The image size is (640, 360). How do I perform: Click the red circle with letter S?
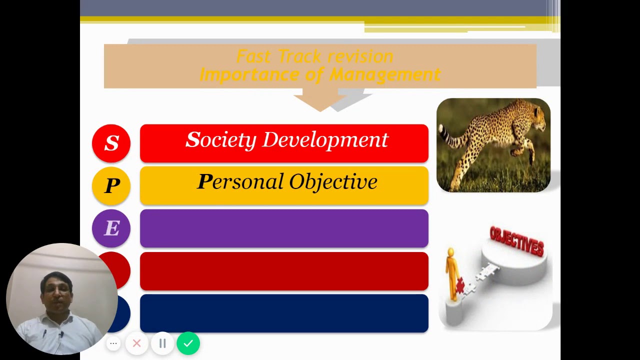111,143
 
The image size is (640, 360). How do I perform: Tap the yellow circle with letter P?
111,186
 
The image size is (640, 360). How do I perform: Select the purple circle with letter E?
111,228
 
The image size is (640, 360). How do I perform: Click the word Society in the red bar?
221,140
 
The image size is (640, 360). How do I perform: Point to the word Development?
325,140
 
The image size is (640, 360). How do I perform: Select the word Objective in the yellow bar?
333,182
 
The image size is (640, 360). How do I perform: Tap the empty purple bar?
284,228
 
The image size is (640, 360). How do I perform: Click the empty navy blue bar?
284,313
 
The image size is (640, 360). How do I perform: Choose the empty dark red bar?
284,271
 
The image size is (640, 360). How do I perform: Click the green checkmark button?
188,343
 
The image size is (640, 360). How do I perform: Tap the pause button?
162,343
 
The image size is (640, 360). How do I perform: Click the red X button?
136,343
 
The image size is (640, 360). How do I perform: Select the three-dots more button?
113,343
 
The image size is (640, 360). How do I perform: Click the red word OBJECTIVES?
516,241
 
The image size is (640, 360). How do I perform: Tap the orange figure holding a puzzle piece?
453,275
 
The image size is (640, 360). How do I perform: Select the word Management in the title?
385,75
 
